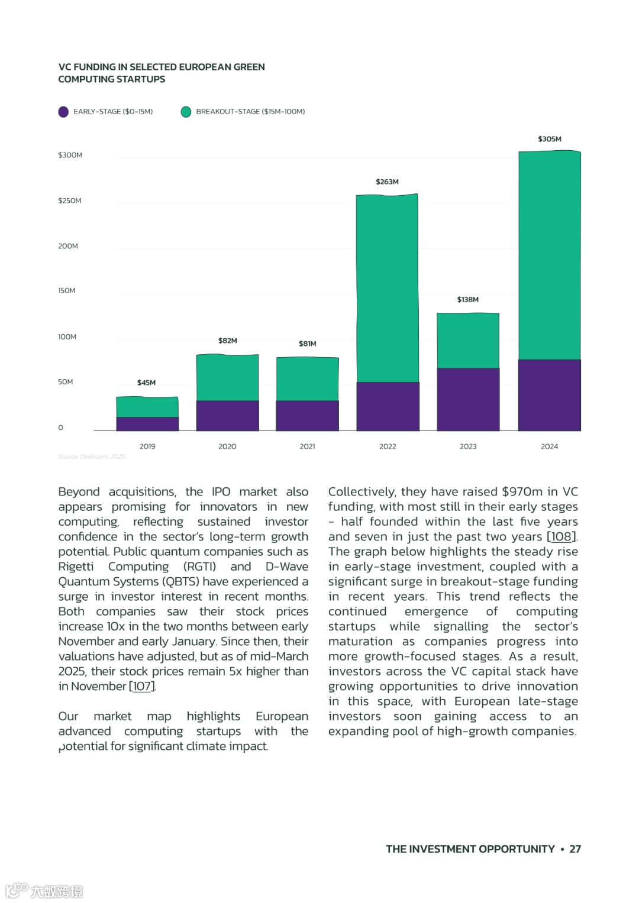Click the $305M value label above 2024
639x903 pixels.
(549, 139)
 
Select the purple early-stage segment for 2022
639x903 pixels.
(388, 406)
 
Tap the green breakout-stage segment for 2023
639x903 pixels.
(468, 341)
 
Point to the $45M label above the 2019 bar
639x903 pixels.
(146, 383)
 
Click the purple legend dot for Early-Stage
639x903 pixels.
(63, 112)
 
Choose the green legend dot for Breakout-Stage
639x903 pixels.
(186, 112)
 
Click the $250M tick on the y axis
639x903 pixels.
(70, 200)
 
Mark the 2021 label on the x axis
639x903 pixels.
(307, 446)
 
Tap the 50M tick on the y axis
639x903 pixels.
(66, 382)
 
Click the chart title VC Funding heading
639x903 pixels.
(161, 73)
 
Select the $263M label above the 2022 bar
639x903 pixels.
(387, 182)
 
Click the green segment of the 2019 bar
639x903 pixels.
(147, 407)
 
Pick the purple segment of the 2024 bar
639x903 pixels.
(549, 394)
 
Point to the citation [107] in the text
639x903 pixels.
(142, 687)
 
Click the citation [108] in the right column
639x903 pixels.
(561, 537)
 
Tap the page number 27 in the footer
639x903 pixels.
(575, 849)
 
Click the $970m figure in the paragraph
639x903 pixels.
(522, 492)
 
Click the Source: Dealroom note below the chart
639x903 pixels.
(91, 457)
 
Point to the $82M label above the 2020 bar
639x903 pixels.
(227, 341)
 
